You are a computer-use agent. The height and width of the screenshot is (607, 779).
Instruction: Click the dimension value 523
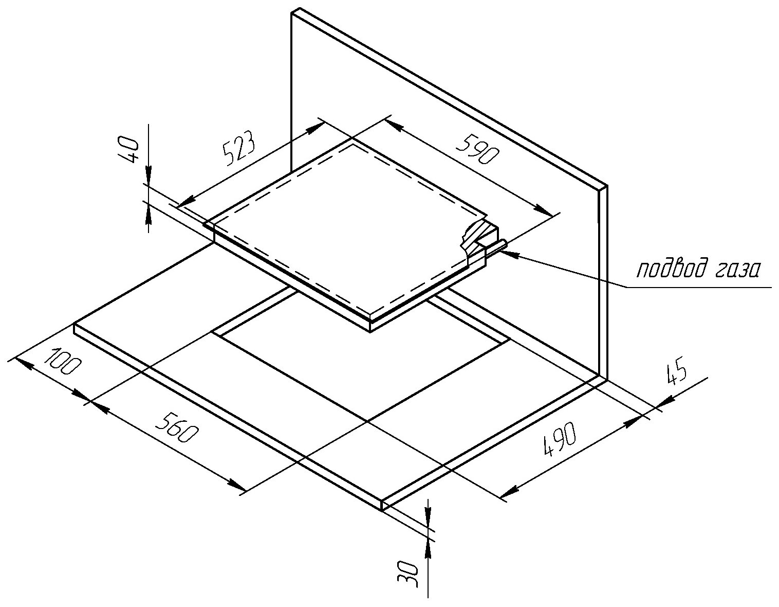(238, 149)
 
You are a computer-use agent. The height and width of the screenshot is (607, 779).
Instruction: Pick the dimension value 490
(561, 440)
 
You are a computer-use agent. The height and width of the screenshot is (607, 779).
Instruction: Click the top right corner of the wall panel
(607, 186)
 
